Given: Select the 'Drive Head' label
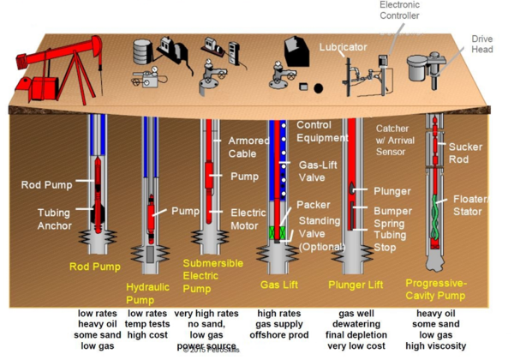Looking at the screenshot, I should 482,44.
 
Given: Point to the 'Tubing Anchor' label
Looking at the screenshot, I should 53,219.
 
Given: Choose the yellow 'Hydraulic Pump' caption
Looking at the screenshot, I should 147,293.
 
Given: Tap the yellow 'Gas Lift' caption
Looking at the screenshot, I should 278,284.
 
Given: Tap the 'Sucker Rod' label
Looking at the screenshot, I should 465,153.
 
